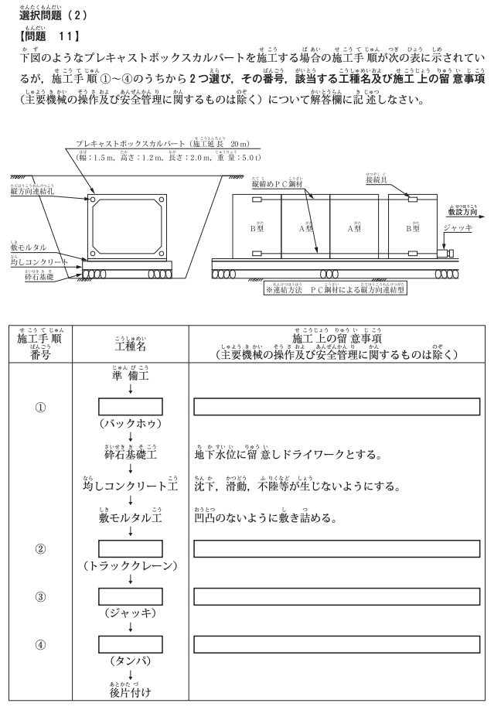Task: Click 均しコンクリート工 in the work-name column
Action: point(130,486)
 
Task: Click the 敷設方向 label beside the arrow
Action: point(462,210)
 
